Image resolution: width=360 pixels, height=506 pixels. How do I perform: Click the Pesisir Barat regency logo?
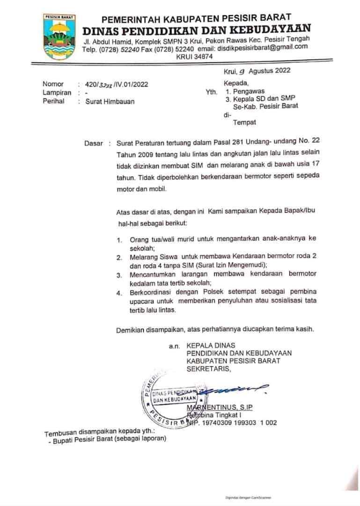click(x=59, y=37)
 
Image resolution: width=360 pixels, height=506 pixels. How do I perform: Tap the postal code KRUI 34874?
click(x=194, y=57)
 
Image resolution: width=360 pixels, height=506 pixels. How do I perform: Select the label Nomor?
click(x=53, y=84)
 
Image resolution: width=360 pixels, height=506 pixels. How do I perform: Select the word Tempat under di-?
click(x=245, y=122)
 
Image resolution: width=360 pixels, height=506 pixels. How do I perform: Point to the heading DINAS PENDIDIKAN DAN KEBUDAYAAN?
click(x=197, y=30)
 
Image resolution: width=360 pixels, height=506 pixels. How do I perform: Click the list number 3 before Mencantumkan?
click(x=119, y=274)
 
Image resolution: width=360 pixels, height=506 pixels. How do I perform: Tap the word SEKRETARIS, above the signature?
click(x=209, y=369)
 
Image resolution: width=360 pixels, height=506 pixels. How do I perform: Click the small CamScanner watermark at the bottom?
click(x=248, y=497)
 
